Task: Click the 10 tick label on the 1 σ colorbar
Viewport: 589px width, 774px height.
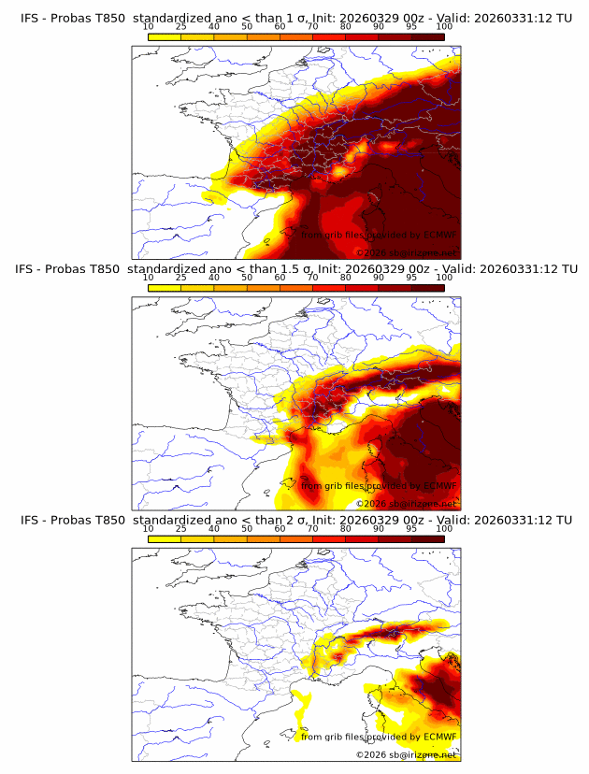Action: [149, 26]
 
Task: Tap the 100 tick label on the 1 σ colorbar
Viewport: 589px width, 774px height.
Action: [444, 26]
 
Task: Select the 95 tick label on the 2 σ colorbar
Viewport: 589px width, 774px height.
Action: [411, 528]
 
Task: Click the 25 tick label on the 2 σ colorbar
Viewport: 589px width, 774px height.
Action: [181, 528]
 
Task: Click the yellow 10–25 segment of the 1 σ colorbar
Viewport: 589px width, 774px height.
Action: [165, 37]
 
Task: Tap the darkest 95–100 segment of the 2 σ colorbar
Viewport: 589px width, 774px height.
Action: [427, 539]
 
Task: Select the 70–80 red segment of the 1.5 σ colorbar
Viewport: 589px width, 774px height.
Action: [329, 288]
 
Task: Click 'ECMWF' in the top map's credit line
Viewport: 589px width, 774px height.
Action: [440, 235]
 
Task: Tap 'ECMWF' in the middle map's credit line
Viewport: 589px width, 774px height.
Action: [440, 485]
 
